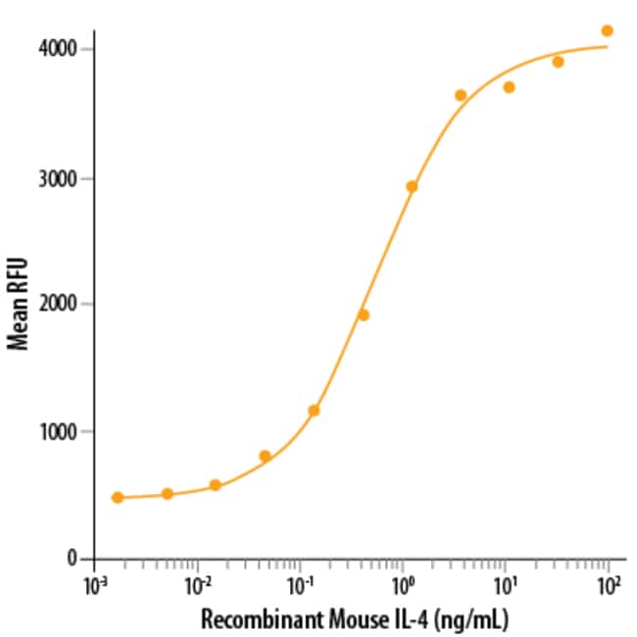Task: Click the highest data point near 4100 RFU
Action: (x=607, y=30)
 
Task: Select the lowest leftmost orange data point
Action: (x=118, y=497)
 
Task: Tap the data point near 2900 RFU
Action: (x=412, y=186)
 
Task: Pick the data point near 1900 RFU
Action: (x=363, y=315)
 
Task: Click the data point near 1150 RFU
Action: (x=314, y=410)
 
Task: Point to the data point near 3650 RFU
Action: (x=461, y=95)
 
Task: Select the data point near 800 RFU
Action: (x=265, y=456)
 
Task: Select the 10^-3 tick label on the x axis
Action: (x=94, y=587)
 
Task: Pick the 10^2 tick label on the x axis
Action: (x=608, y=587)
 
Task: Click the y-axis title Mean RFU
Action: (x=17, y=304)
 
